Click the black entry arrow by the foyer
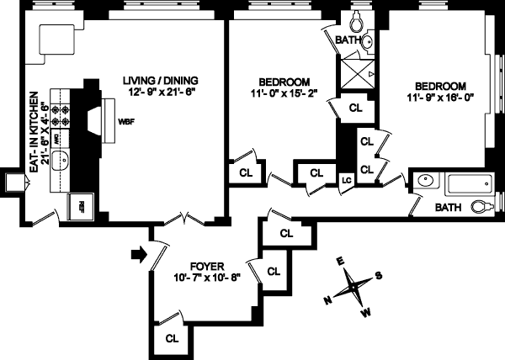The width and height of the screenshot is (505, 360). pos(137,251)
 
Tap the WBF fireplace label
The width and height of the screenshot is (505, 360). pos(126,121)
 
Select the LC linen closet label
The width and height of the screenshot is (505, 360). pos(346,179)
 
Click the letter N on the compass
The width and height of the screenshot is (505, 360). pos(328,299)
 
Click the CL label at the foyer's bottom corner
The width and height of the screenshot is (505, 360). pos(171,338)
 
